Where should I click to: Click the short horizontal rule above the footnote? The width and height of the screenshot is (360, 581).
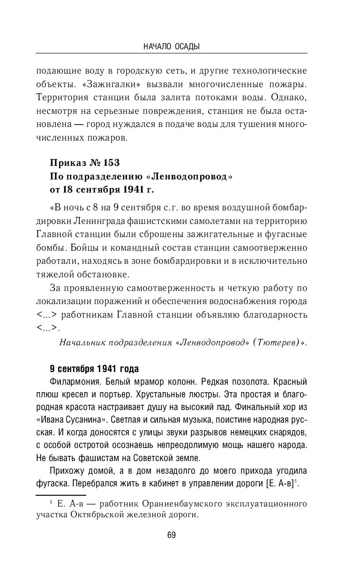click(x=60, y=494)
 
